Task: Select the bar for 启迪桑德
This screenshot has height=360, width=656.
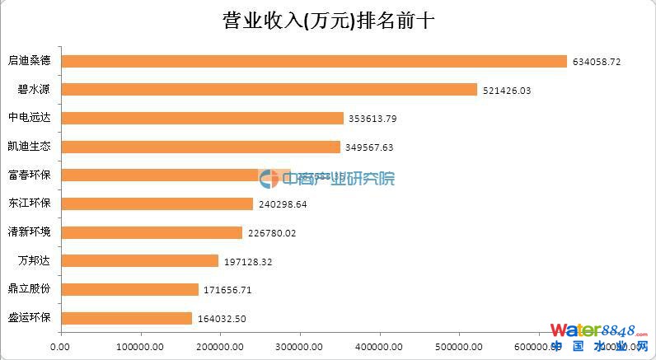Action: click(314, 61)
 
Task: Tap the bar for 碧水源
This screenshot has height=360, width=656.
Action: click(269, 90)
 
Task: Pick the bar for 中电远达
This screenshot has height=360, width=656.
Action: click(202, 118)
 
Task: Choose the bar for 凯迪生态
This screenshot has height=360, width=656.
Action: click(200, 147)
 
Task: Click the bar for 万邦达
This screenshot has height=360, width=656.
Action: click(139, 261)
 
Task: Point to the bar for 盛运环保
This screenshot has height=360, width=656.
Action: click(126, 318)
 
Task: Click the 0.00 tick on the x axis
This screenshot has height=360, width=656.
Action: click(60, 347)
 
